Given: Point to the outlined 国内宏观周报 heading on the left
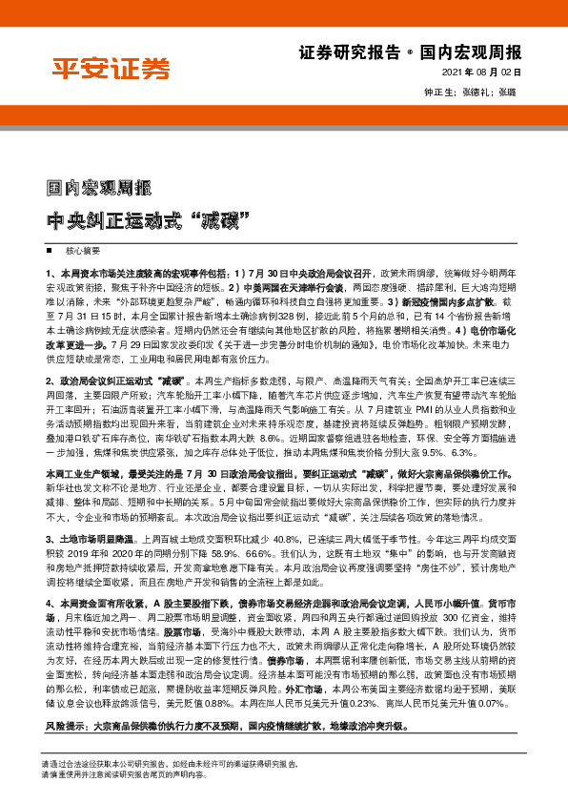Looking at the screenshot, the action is pyautogui.click(x=100, y=189).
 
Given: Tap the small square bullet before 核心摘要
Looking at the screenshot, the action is pyautogui.click(x=49, y=250).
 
